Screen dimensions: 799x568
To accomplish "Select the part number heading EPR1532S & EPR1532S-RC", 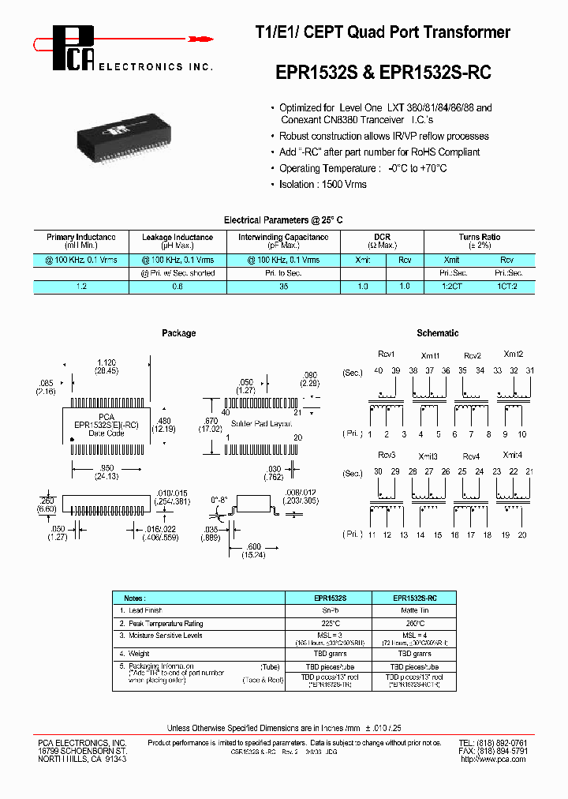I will pos(383,73).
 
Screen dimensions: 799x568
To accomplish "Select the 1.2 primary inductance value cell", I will pos(81,287).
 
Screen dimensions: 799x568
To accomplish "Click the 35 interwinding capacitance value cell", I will pos(283,287).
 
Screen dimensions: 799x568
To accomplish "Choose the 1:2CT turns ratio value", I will pos(451,287).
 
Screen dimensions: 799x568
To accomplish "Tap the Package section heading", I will pos(178,333).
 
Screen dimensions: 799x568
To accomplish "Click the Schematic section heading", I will pos(437,333).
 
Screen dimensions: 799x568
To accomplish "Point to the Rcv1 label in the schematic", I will pos(386,354).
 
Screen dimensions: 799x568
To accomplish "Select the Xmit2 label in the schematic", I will pos(514,354).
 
